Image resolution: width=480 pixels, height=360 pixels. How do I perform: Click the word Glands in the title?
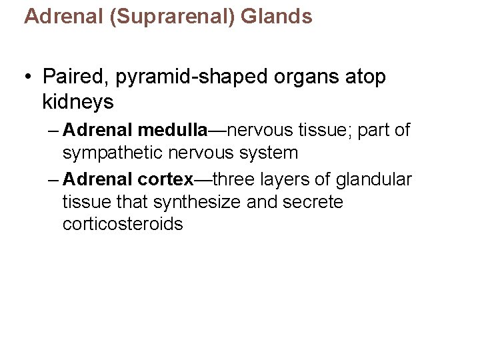click(277, 17)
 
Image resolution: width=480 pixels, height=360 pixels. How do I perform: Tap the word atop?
click(365, 77)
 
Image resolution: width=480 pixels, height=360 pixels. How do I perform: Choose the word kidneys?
click(78, 102)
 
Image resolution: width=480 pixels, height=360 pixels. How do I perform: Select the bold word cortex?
click(165, 180)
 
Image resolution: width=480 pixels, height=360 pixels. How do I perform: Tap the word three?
click(235, 180)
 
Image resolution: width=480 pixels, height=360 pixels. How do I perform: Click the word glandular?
click(376, 180)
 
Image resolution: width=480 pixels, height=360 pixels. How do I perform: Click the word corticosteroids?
click(123, 224)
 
